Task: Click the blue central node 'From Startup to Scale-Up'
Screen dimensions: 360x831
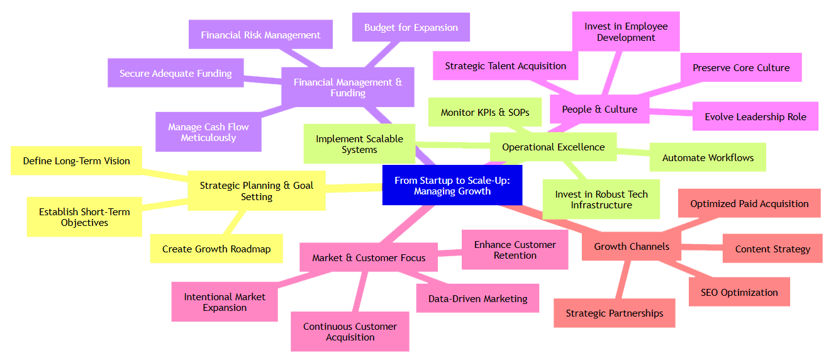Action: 452,185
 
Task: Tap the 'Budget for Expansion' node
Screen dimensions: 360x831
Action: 411,28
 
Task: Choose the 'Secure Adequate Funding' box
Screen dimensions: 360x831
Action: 176,73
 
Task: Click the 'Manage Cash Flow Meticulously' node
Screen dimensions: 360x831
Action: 208,132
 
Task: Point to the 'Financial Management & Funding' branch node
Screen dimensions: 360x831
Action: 348,87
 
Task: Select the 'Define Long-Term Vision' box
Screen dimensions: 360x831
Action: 76,160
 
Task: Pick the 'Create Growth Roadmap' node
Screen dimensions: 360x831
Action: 216,249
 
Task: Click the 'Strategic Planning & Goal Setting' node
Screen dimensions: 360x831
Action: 257,191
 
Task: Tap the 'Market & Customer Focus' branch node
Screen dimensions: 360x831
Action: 369,257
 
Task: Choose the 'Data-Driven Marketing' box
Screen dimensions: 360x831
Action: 477,298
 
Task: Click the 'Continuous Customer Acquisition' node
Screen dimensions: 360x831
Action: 350,332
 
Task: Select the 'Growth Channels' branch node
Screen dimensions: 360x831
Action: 632,246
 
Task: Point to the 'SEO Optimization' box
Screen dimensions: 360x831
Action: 739,292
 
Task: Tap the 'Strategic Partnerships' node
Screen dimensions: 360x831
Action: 614,313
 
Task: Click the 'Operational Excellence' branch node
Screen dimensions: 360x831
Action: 553,147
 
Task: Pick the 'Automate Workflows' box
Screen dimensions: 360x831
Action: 708,157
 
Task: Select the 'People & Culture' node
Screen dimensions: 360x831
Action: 600,109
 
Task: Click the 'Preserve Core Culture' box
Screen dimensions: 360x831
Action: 740,67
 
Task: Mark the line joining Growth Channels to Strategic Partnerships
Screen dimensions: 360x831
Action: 623,280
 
